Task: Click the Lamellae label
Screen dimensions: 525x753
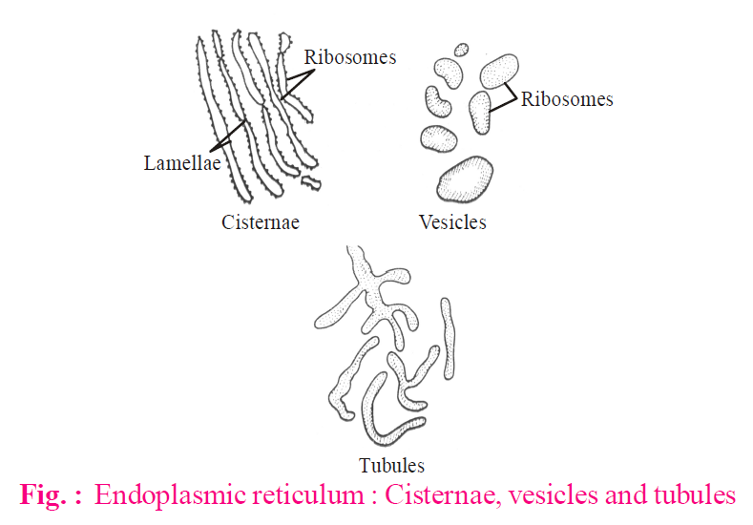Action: [x=182, y=163]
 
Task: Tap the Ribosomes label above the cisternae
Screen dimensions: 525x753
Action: [x=349, y=57]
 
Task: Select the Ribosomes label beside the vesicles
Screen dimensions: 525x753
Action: [x=567, y=99]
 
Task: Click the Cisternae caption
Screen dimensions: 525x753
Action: [x=261, y=222]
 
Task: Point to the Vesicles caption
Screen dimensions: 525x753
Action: [x=452, y=222]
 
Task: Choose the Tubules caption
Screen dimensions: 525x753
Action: [x=391, y=466]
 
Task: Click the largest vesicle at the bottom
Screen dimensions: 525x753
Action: [x=466, y=179]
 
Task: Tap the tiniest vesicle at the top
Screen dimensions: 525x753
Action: [x=462, y=49]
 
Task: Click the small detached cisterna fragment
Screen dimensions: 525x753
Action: [x=310, y=180]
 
